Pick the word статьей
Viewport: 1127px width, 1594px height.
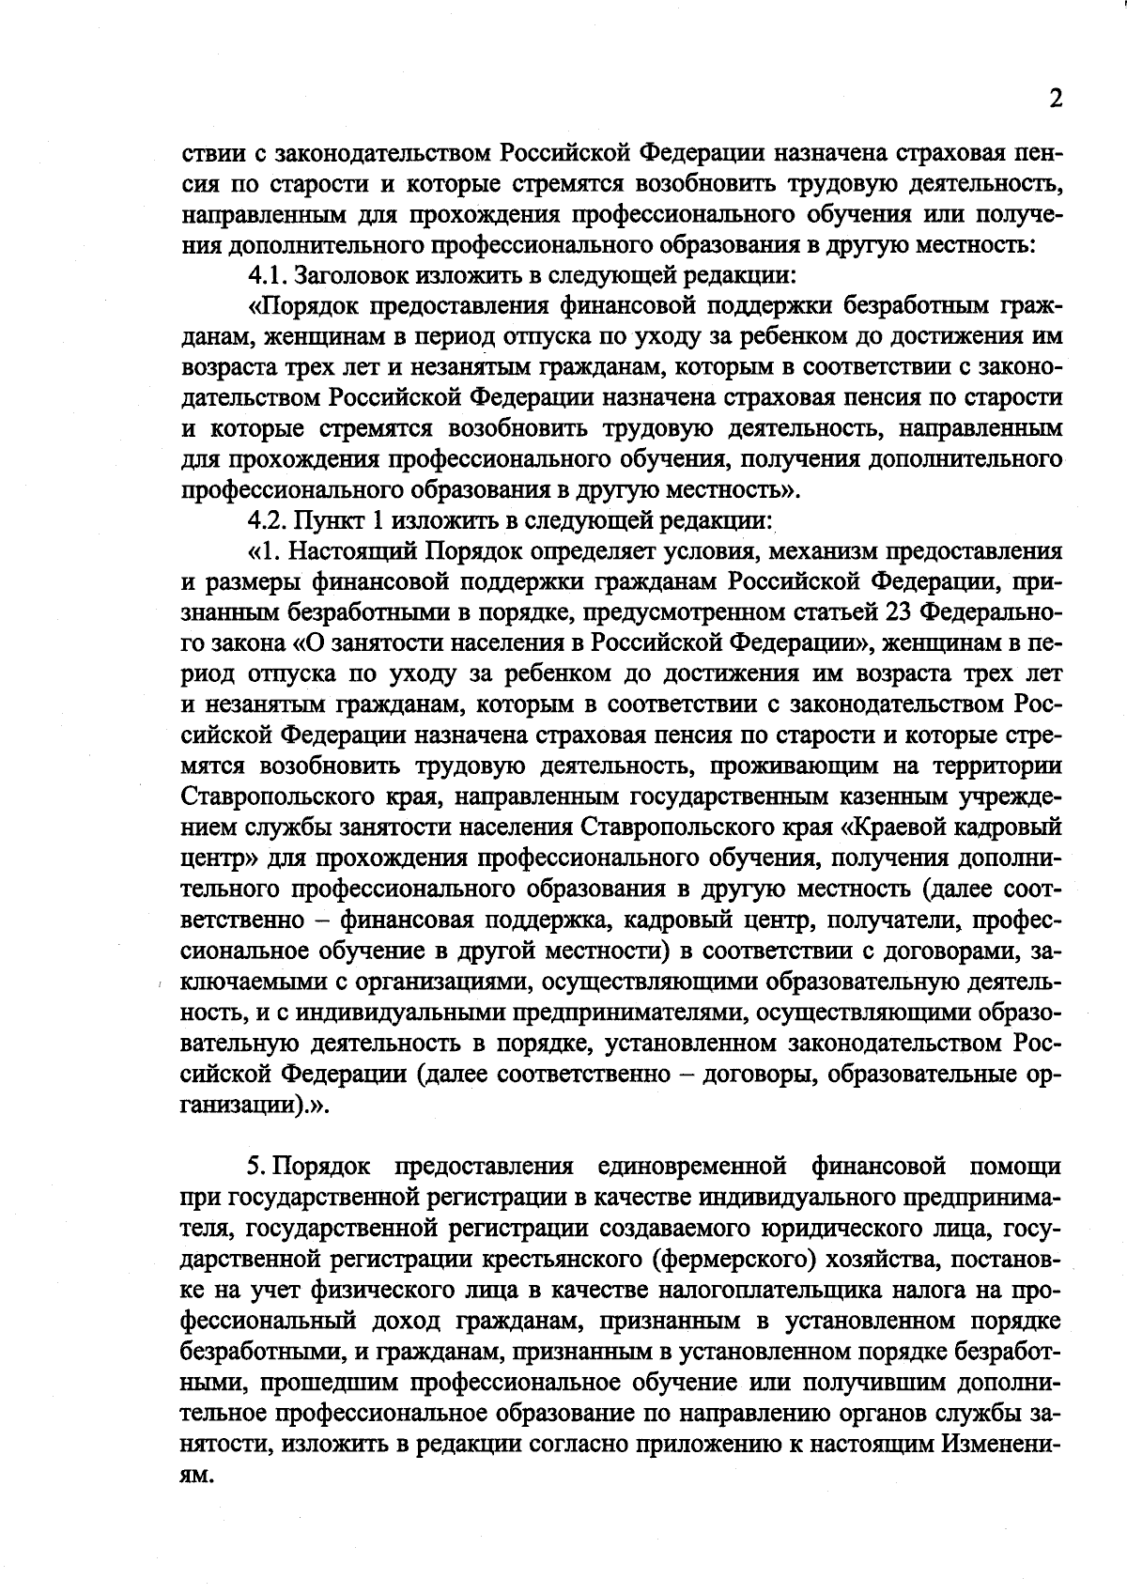tap(835, 611)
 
